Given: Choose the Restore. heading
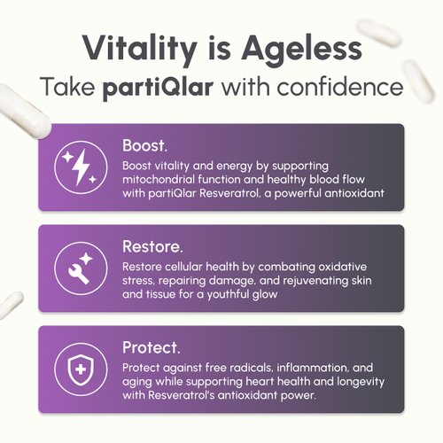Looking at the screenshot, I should (x=152, y=245).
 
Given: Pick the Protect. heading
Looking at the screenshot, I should (x=152, y=346).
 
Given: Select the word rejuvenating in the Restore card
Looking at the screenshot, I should (x=292, y=279).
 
